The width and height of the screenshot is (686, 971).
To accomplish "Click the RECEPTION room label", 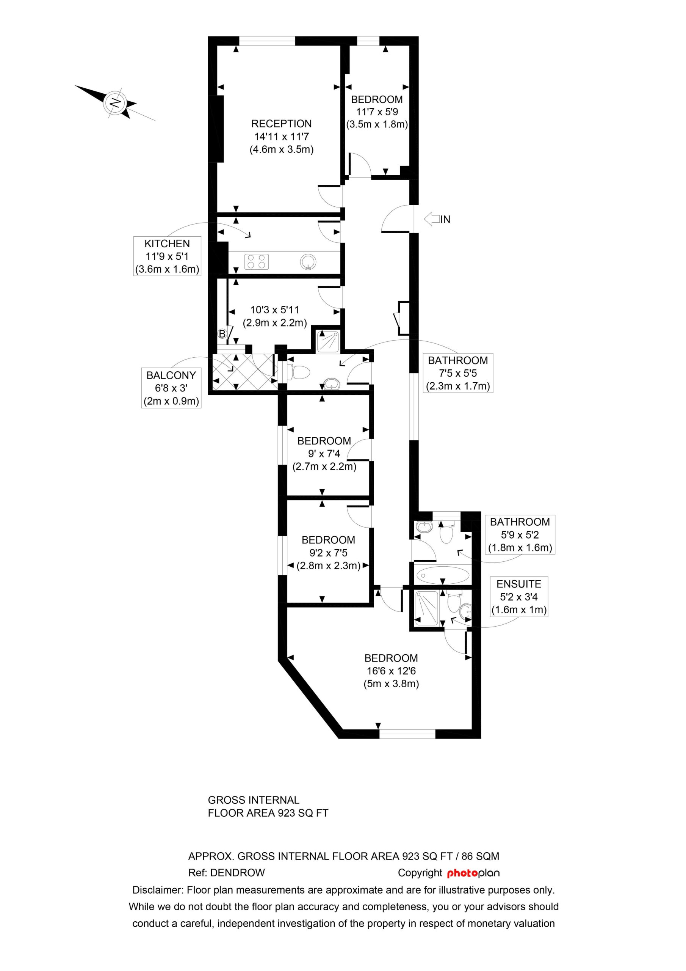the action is pyautogui.click(x=282, y=124).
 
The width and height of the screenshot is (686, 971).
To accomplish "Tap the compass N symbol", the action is pyautogui.click(x=115, y=103).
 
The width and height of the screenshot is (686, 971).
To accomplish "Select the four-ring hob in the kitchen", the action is pyautogui.click(x=257, y=261).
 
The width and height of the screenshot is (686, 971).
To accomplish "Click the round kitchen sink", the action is pyautogui.click(x=308, y=262).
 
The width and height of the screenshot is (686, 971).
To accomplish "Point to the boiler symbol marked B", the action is pyautogui.click(x=222, y=334).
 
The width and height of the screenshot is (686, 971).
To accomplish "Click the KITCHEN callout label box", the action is pyautogui.click(x=167, y=256).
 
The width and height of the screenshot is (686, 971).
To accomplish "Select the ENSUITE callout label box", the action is pyautogui.click(x=518, y=597).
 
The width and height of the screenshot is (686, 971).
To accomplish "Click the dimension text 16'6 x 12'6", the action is pyautogui.click(x=391, y=671).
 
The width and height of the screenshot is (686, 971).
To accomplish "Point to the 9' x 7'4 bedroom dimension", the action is pyautogui.click(x=324, y=454).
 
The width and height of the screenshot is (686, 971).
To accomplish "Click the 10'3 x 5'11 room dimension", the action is pyautogui.click(x=275, y=310).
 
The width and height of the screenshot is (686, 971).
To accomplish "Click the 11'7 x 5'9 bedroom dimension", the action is pyautogui.click(x=377, y=112).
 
